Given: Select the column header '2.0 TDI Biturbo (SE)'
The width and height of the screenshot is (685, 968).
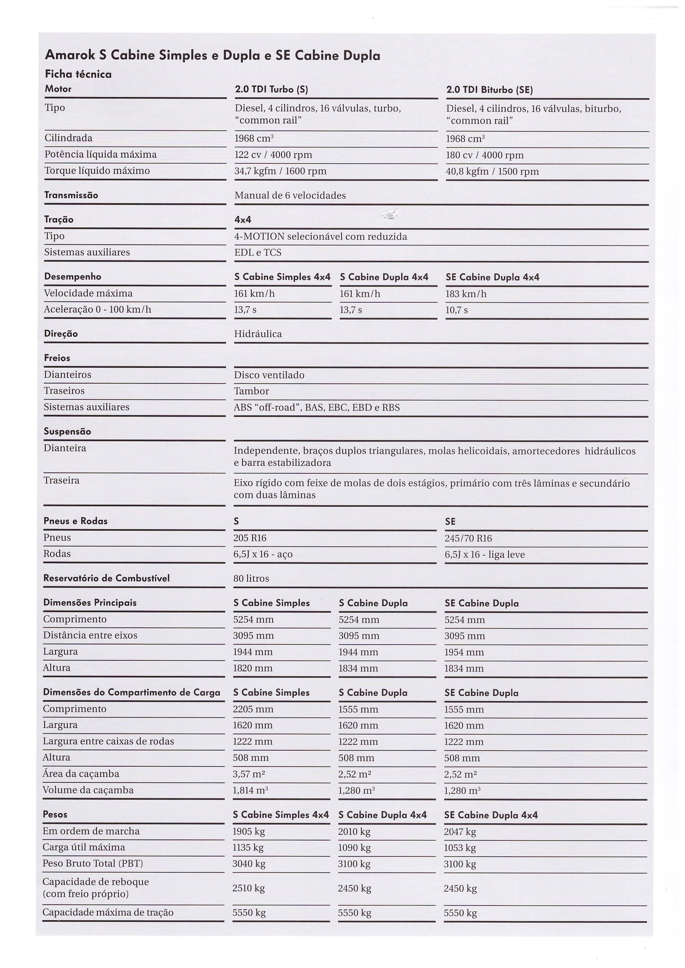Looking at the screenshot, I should pos(489,90).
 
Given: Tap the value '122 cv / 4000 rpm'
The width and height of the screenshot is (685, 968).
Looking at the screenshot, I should pos(273,155).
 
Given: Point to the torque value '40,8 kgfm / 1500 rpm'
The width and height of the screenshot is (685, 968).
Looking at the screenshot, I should pos(492,172).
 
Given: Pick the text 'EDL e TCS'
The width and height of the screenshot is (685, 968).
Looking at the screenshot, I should pos(258,253).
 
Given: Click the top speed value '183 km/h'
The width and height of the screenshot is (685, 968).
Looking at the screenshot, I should pos(466,294).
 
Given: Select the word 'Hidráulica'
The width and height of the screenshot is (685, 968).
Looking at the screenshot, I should pos(258,334).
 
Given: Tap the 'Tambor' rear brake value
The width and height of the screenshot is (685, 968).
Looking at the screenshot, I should pos(251,391).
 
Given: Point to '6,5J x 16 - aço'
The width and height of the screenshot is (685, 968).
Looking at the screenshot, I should pos(263,554).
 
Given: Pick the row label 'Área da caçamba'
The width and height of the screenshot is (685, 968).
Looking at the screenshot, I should pos(81,774).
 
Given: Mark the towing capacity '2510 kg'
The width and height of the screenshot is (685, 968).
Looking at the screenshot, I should pos(248,888).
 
